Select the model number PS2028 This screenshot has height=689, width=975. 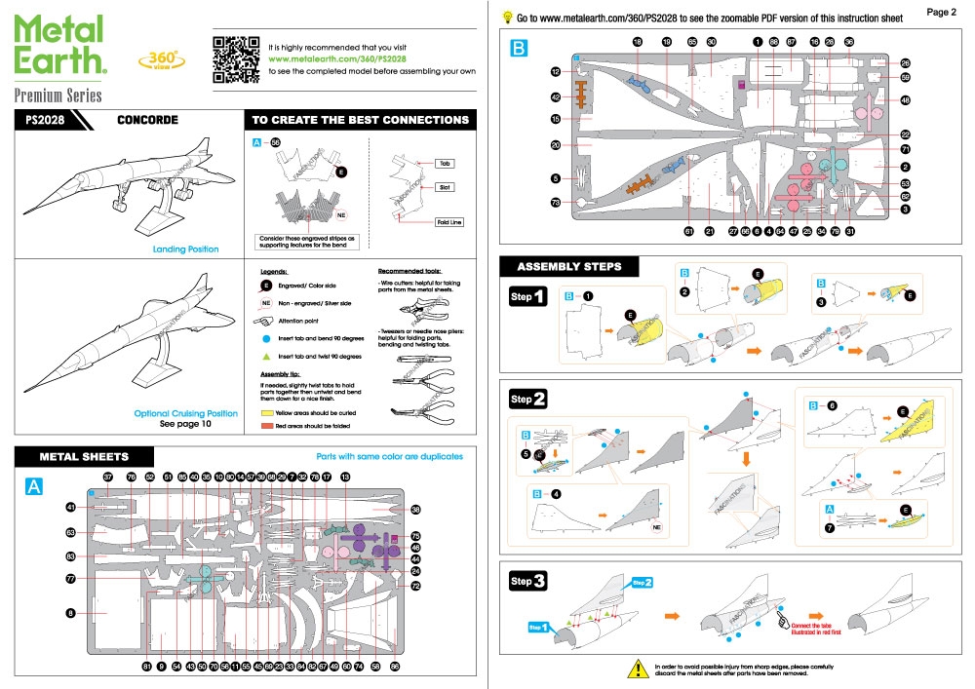point(45,121)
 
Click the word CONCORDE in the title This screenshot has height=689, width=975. point(147,121)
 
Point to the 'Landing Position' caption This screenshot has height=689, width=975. point(185,249)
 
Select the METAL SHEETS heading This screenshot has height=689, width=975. point(83,456)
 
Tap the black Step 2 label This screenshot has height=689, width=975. point(527,400)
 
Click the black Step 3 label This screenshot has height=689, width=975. point(527,582)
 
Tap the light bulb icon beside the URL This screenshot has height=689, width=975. point(507,17)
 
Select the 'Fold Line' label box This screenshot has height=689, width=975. point(448,222)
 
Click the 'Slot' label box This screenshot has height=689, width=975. point(444,186)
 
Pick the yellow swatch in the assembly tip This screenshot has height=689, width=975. point(269,412)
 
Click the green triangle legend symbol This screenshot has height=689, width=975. point(266,356)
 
